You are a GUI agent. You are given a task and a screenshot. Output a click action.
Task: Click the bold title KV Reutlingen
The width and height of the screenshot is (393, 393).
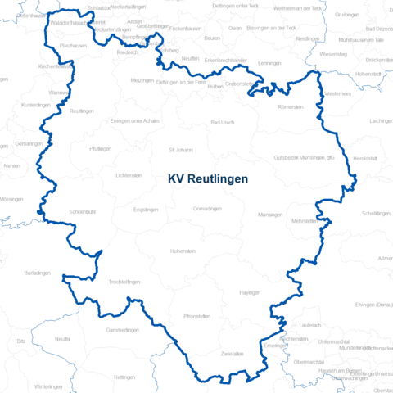click(x=207, y=178)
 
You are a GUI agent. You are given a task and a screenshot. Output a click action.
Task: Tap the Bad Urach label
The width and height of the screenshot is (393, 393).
click(x=223, y=123)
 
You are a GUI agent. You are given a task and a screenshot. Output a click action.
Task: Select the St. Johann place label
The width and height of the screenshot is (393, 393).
click(x=180, y=150)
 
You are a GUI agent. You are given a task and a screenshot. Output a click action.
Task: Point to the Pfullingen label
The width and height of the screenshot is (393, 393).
click(x=102, y=148)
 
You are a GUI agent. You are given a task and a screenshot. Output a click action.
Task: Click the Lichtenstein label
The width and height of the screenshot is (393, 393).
click(x=129, y=175)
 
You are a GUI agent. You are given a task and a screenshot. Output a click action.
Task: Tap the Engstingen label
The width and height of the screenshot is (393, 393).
click(x=146, y=210)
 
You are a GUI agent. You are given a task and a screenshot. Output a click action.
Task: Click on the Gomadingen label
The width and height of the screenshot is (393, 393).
click(x=207, y=209)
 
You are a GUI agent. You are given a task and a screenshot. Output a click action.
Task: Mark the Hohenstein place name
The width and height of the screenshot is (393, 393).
click(x=182, y=251)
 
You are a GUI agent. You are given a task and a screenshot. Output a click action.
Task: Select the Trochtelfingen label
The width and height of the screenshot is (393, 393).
click(x=124, y=282)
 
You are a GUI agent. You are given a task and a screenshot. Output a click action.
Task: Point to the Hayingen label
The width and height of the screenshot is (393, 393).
click(x=250, y=292)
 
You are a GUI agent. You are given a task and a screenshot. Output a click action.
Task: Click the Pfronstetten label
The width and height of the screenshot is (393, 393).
click(x=197, y=315)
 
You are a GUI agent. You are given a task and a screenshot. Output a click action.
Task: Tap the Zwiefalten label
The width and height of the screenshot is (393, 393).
click(x=233, y=353)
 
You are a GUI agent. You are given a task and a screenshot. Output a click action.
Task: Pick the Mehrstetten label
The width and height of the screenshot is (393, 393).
click(x=304, y=221)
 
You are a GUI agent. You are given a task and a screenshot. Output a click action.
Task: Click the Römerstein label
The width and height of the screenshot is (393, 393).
click(x=291, y=107)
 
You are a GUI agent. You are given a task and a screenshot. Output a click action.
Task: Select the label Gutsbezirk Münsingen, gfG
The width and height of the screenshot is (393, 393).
click(x=304, y=157)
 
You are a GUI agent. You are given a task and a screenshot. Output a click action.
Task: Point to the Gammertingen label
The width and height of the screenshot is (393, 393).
click(x=123, y=330)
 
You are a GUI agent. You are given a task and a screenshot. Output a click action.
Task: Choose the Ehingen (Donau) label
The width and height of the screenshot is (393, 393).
click(x=373, y=305)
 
